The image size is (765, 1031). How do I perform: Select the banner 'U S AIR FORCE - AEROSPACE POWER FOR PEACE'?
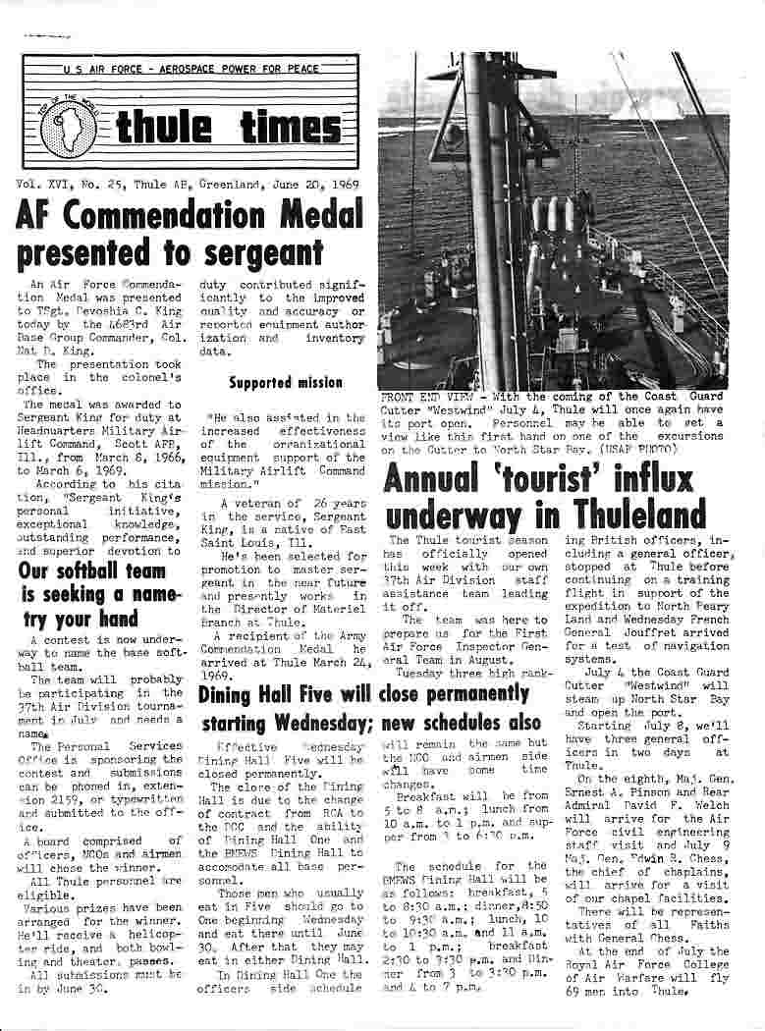tap(190, 71)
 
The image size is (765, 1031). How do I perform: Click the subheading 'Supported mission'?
tap(286, 382)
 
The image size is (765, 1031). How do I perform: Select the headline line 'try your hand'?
tap(82, 619)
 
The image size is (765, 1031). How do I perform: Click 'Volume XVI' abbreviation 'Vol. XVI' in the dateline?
tap(47, 184)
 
